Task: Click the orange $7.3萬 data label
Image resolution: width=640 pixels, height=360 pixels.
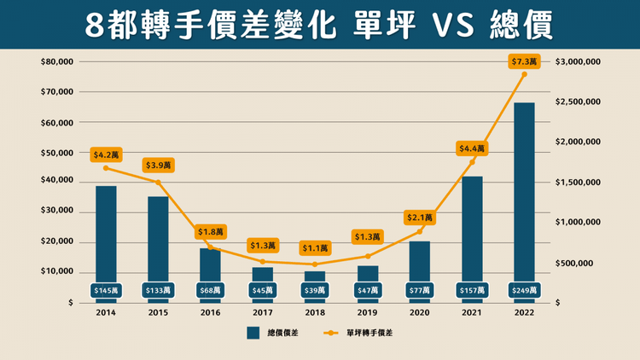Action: [524, 61]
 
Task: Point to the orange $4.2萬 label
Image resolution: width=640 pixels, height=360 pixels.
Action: [106, 155]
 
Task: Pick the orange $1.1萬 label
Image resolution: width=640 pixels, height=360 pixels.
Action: [315, 249]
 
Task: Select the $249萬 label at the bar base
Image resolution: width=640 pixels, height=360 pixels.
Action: [524, 291]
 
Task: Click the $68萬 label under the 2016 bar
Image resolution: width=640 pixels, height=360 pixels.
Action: [210, 291]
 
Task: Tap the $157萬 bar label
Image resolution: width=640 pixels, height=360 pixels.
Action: [472, 291]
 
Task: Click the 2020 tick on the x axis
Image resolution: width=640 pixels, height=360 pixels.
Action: [419, 312]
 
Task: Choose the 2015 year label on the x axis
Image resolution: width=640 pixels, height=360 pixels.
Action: [158, 312]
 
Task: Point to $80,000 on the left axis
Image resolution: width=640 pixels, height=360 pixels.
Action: [57, 62]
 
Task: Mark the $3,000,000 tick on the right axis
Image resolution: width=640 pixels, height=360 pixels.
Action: [585, 62]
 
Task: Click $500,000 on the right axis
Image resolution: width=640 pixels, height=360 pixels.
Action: [580, 263]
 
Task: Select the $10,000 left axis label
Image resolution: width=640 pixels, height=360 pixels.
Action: [57, 272]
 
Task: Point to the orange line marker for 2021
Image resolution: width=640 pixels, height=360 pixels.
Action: [472, 162]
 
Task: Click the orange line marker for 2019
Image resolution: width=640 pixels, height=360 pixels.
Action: [367, 256]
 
